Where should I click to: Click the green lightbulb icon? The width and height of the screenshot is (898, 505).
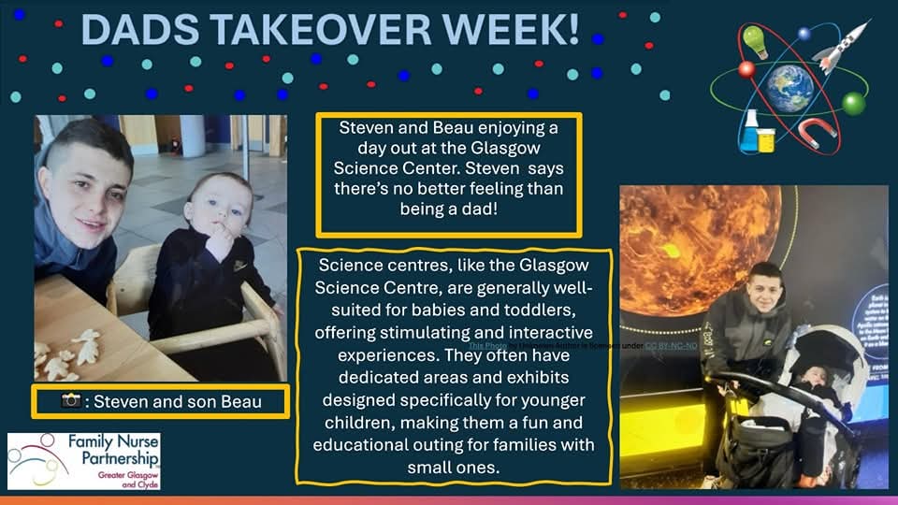point(754,41)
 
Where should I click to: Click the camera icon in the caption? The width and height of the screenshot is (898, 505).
point(71,400)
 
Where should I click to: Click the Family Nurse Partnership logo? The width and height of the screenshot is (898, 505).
point(83,460)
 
